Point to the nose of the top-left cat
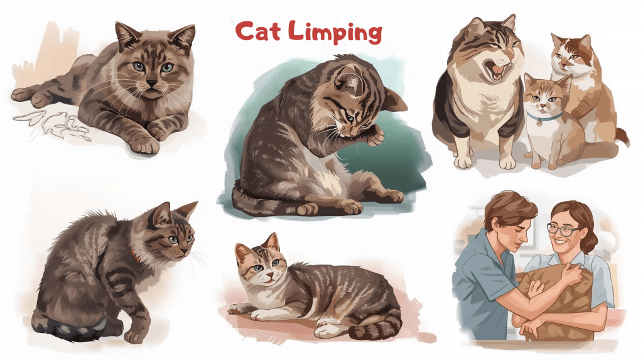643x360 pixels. click(x=152, y=83)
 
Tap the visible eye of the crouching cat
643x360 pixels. click(x=173, y=240)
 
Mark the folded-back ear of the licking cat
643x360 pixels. click(x=396, y=101)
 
